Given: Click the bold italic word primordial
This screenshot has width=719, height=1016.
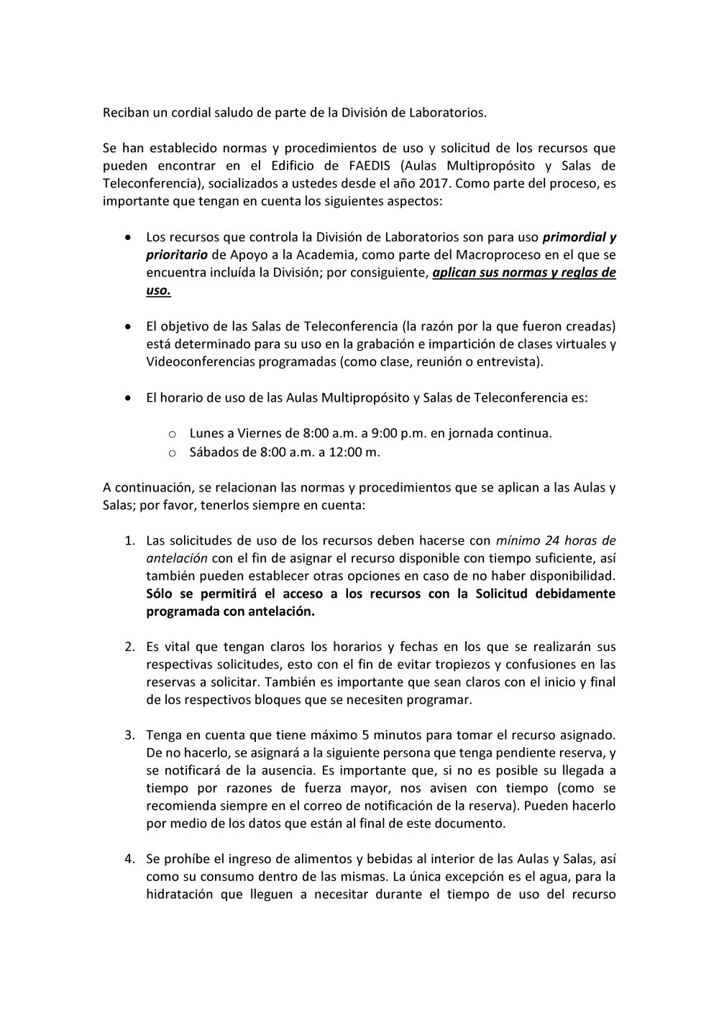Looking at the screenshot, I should (x=574, y=236).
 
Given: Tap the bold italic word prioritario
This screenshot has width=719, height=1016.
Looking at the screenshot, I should (x=176, y=254).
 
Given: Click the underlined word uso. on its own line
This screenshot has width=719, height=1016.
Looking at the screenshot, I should (x=158, y=290).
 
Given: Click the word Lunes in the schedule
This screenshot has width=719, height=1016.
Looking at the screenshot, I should (x=206, y=433).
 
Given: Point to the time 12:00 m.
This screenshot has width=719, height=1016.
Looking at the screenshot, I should (x=354, y=452).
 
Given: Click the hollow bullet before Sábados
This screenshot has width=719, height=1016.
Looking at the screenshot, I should (x=172, y=453).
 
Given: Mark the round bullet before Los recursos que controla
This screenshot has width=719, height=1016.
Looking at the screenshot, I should (x=128, y=237).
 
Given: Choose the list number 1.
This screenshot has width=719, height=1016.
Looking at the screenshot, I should (x=129, y=540).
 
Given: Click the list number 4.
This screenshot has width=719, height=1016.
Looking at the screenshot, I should (x=129, y=859).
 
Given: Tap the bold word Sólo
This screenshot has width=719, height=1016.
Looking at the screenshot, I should (x=160, y=594).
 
